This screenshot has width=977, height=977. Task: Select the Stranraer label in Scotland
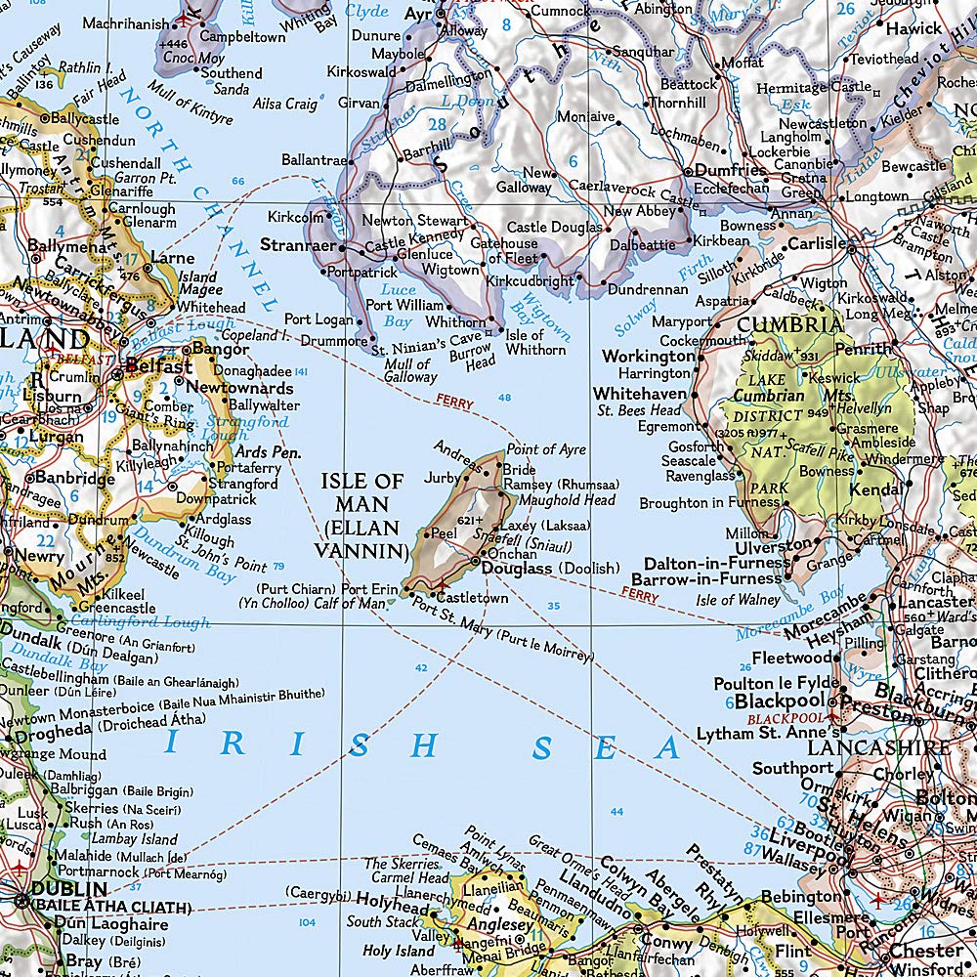[x=294, y=244]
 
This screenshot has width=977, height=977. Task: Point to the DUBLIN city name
[x=68, y=889]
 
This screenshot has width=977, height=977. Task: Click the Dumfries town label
[x=730, y=169]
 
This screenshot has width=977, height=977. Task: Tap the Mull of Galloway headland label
[x=410, y=370]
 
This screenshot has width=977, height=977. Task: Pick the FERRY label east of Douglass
[x=640, y=594]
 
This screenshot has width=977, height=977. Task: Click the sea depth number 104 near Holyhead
[x=308, y=922]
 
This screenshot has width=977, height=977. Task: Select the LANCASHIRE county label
[x=877, y=747]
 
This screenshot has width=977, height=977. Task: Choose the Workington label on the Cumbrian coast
[x=648, y=357]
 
